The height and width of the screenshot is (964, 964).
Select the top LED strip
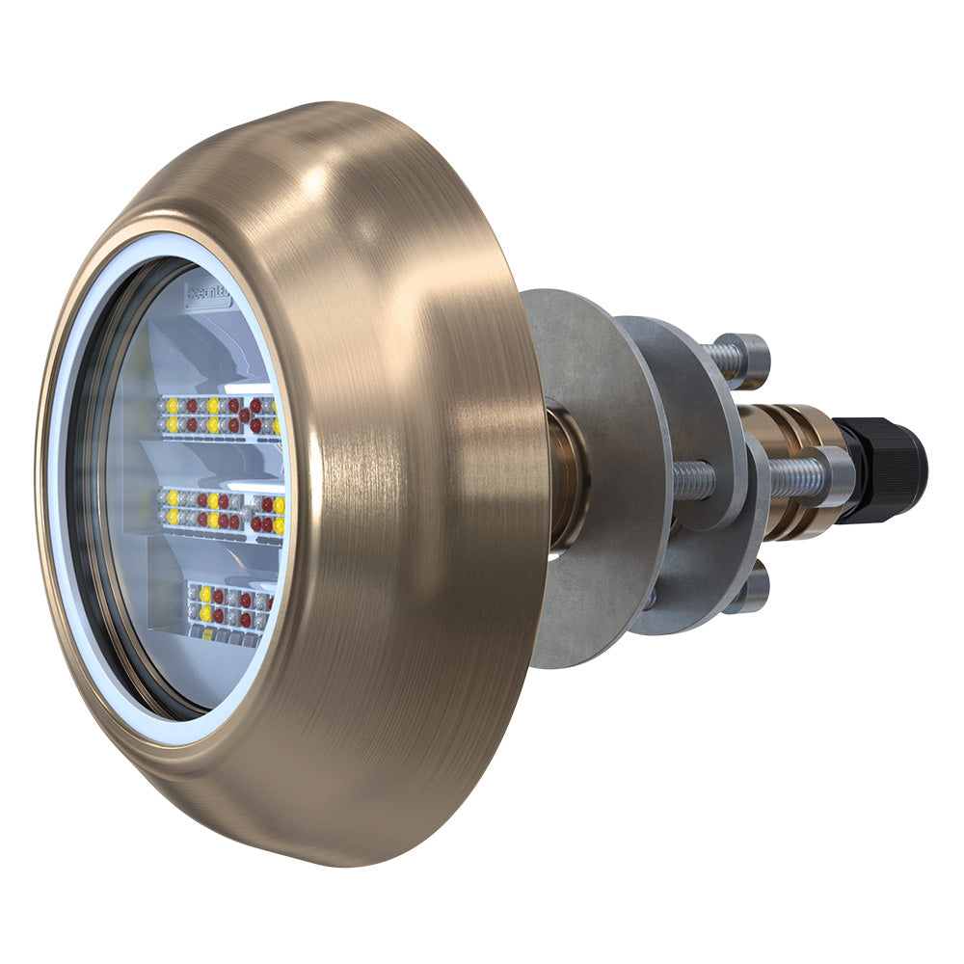218,415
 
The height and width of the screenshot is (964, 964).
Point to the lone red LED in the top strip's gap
245,415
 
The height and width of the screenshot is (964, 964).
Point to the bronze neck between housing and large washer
565,477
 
